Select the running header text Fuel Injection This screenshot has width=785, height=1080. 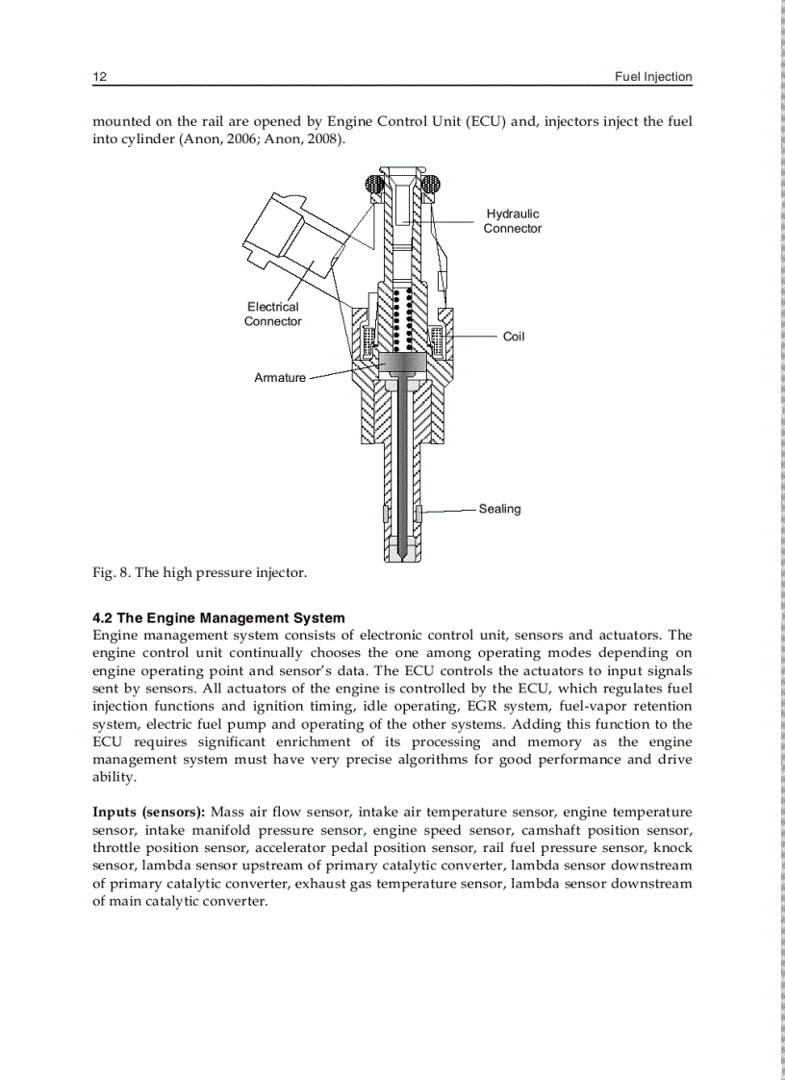pos(653,77)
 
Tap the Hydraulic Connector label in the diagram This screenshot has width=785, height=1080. pos(512,221)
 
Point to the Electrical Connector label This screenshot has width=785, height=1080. pos(272,314)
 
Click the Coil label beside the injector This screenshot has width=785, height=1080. pos(514,337)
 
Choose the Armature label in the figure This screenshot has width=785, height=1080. pos(279,378)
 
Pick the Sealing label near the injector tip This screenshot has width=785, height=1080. pos(499,509)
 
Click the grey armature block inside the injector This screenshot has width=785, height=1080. pos(401,363)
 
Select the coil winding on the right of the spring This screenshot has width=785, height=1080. pos(436,340)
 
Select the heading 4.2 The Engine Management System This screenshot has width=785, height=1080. pos(218,618)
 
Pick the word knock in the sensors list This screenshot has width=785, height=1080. pos(672,848)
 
